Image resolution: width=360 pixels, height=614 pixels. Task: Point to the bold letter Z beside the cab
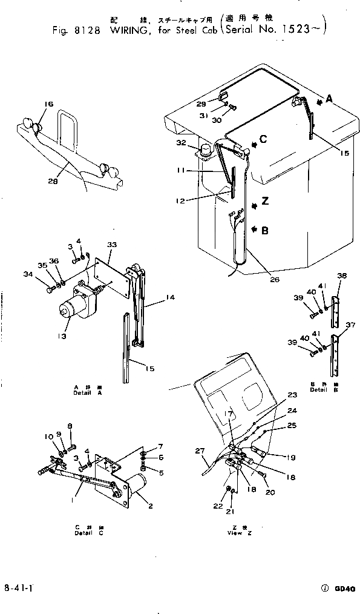tap(266, 200)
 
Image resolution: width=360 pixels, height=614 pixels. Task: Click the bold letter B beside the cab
tap(264, 229)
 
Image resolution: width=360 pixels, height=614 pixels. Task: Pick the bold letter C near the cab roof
tap(263, 140)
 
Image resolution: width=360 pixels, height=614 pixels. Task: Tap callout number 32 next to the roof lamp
tap(180, 144)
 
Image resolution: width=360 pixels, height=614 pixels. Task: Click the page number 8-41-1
tap(19, 587)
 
